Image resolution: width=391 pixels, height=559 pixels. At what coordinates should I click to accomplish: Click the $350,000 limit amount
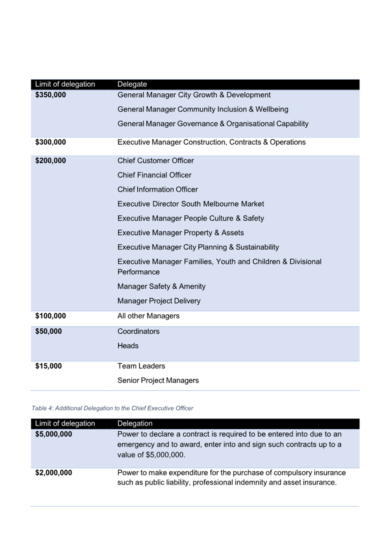[50, 95]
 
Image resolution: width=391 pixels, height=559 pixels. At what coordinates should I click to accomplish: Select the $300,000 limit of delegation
[50, 142]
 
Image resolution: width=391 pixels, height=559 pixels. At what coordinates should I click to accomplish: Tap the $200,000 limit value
[50, 161]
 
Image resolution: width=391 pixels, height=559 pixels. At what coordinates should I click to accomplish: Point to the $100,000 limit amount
[50, 316]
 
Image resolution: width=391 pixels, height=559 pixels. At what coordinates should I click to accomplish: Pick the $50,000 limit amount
[48, 331]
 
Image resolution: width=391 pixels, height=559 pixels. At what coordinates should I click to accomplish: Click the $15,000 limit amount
[48, 366]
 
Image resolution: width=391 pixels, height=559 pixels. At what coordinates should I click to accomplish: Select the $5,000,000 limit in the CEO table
[54, 434]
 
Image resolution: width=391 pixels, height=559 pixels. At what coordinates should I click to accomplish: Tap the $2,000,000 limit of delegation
[54, 473]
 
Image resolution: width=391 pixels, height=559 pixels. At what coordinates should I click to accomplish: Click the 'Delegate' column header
[132, 84]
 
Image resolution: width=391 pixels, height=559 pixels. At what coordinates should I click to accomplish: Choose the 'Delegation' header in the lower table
[135, 424]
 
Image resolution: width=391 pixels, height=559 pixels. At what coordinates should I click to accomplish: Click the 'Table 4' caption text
[112, 408]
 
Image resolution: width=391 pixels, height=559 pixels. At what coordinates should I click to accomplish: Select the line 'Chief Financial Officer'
[154, 175]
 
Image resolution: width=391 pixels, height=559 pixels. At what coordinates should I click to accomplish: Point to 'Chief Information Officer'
[157, 189]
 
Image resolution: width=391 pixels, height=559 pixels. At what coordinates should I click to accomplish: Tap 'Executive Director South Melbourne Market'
[191, 204]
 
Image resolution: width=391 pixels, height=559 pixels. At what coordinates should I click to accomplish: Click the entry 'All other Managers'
[148, 316]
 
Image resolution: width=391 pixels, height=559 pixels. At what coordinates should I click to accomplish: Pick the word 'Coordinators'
[138, 331]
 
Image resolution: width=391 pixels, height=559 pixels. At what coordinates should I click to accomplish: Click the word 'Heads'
[128, 346]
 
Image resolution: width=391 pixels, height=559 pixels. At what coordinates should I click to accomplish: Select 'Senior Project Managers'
[158, 380]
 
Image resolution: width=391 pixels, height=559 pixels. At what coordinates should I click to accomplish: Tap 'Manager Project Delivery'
[159, 301]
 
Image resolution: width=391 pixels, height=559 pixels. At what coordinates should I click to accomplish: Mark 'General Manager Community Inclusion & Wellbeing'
[203, 109]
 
